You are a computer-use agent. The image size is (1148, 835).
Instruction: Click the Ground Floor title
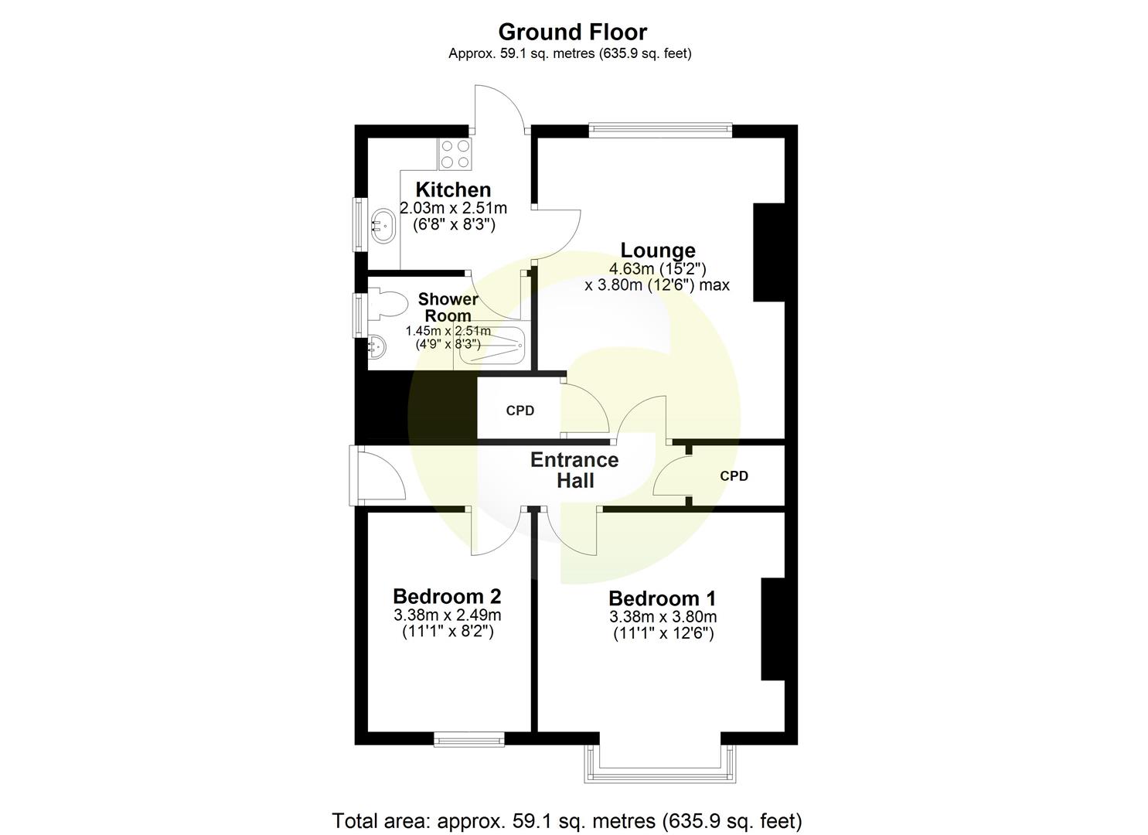tap(572, 32)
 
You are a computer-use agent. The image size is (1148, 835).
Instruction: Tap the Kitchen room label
tap(453, 189)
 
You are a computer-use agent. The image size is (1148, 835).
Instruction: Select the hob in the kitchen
tap(455, 153)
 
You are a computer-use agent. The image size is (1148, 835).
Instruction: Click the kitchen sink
tap(383, 225)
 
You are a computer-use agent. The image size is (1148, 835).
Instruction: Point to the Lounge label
tap(658, 250)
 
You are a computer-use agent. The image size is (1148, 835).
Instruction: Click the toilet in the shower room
tap(385, 304)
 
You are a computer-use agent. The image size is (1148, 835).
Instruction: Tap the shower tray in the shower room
tap(491, 345)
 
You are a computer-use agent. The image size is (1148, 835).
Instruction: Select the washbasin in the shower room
tap(378, 346)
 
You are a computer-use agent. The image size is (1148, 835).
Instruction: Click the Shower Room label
tap(448, 307)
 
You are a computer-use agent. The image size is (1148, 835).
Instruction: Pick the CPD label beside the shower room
tap(520, 411)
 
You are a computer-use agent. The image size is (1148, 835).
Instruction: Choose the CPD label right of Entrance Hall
tap(734, 476)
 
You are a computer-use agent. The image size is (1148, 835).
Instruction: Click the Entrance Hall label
tap(574, 470)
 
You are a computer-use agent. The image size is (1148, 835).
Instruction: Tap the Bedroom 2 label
tap(447, 596)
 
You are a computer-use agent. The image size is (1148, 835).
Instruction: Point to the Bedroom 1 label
tap(662, 598)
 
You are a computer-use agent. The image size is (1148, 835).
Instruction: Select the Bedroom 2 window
tap(468, 740)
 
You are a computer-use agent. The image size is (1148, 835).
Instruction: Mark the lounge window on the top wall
tap(659, 130)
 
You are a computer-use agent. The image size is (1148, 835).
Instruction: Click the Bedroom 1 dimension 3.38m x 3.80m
tap(663, 617)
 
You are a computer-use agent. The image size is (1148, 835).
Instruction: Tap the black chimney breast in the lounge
tap(768, 252)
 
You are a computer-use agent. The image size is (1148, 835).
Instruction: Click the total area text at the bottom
tap(567, 820)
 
